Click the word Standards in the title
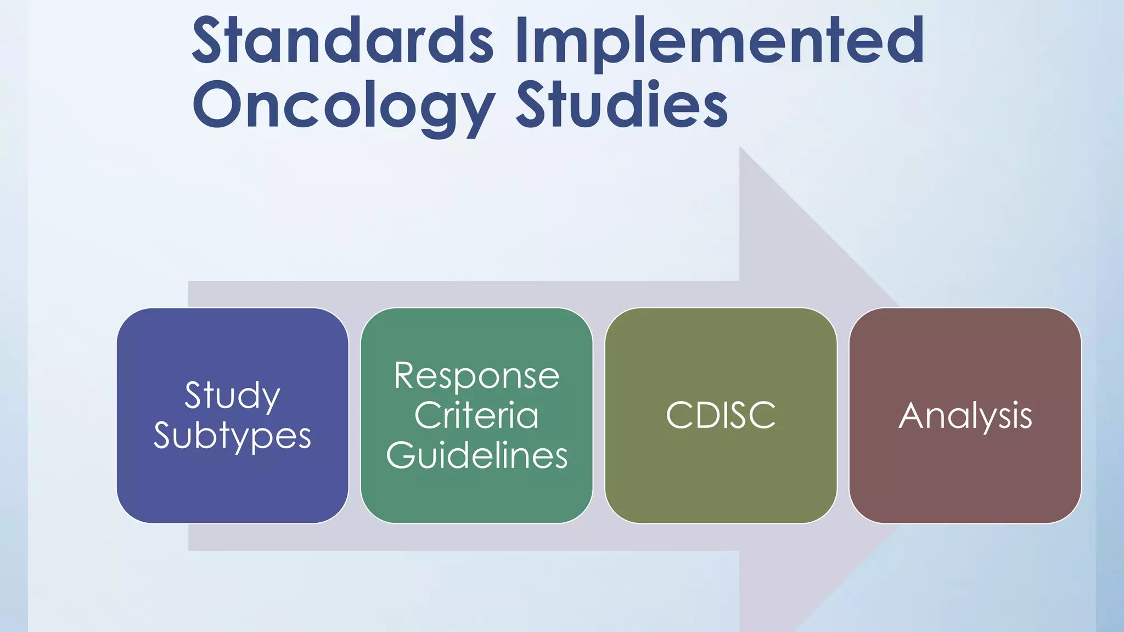click(x=343, y=41)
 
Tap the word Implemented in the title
click(x=720, y=41)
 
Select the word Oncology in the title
click(x=344, y=105)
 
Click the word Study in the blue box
click(x=232, y=396)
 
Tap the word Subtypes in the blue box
click(x=232, y=436)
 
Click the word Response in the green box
click(x=476, y=376)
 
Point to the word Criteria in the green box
click(x=476, y=415)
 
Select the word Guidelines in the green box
click(x=476, y=455)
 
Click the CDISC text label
click(x=721, y=415)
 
